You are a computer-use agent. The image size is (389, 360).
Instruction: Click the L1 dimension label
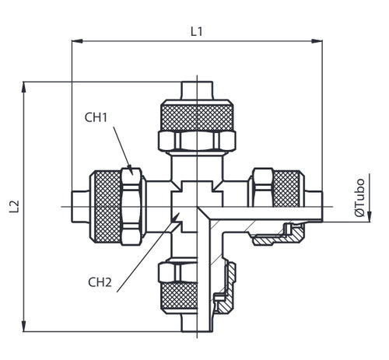pos(196,32)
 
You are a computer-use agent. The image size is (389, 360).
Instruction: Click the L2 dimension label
pos(15,206)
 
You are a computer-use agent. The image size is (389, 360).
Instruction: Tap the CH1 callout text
pos(96,117)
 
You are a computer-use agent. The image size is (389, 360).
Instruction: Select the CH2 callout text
pos(100,282)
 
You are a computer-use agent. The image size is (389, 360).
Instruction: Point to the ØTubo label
pos(359,197)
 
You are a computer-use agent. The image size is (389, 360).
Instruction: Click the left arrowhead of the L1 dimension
pos(77,41)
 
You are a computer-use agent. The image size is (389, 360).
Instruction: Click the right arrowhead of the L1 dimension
pos(317,41)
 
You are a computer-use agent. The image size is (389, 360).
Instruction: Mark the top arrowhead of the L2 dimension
pos(24,87)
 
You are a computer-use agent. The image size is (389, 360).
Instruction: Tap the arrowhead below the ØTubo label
pos(370,217)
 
